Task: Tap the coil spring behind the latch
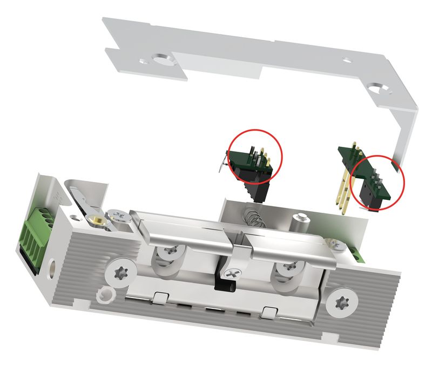point(252,218)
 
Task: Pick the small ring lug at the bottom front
point(104,294)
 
